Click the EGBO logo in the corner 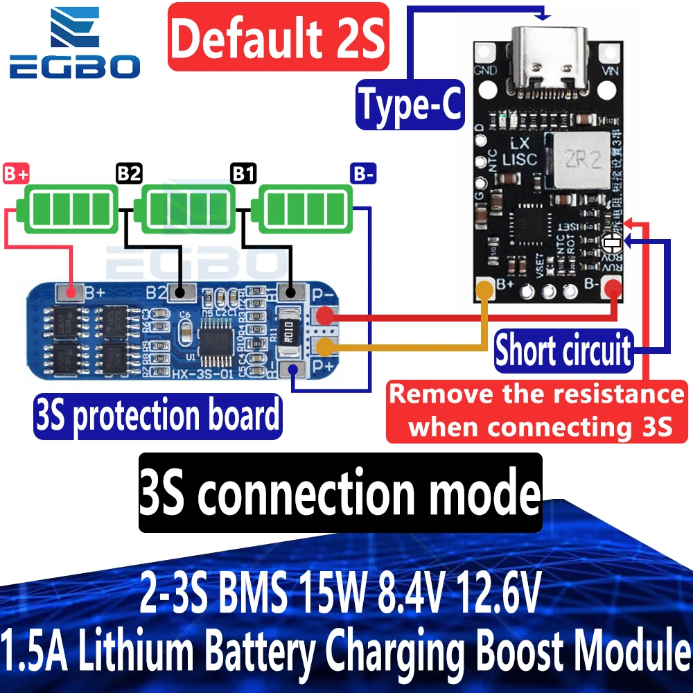click(x=74, y=43)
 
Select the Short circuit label click(x=563, y=351)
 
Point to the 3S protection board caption click(x=157, y=416)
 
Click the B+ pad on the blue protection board click(x=67, y=293)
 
